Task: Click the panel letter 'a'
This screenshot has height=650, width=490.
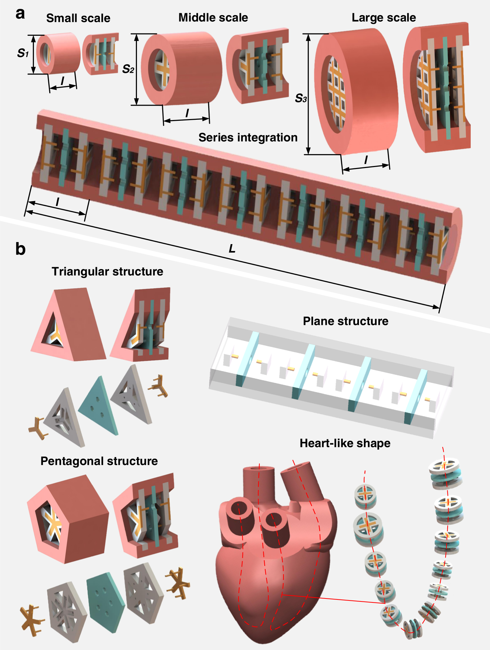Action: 20,14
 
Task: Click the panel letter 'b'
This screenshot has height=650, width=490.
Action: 20,249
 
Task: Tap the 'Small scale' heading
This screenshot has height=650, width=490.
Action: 78,18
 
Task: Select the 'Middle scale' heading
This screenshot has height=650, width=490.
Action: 213,17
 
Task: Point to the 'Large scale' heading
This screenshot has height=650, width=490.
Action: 384,17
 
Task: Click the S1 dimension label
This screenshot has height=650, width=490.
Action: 23,53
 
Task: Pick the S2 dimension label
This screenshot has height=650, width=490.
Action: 128,69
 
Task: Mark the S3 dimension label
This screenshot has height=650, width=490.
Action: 301,98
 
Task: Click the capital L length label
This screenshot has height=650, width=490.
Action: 232,249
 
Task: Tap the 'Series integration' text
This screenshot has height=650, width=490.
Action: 248,137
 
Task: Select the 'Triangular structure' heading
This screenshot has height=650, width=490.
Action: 107,271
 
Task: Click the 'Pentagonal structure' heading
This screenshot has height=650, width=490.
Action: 99,461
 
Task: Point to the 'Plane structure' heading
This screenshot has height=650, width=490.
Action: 345,321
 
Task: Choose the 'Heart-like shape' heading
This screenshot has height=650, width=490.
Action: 345,443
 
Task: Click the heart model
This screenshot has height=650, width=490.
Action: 276,564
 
